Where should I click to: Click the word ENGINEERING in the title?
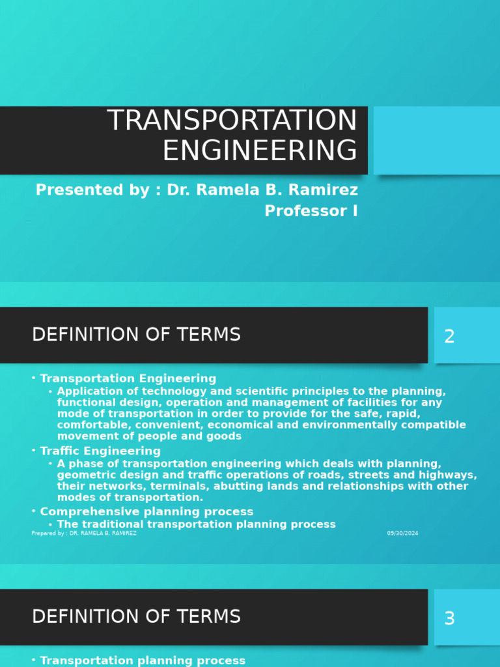(260, 151)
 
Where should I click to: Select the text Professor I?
(311, 211)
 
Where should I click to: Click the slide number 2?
(449, 337)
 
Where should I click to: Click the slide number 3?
(449, 619)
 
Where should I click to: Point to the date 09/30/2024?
(402, 533)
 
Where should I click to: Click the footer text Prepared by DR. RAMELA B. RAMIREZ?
(84, 533)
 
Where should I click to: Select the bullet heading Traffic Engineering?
(100, 451)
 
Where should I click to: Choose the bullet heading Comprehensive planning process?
(146, 512)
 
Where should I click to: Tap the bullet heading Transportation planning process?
(143, 660)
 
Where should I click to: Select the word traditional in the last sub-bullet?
(111, 524)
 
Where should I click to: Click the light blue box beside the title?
(436, 141)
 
